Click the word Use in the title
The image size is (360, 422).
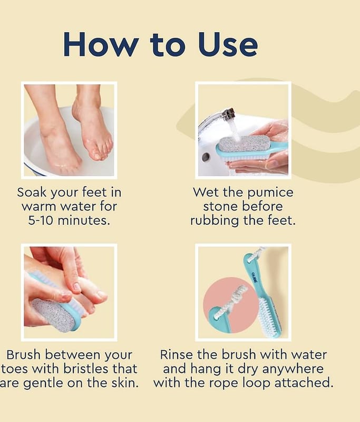coord(228,44)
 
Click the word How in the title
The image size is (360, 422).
coord(101,44)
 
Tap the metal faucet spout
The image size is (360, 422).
coord(218,118)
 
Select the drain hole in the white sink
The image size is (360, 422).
coord(206,157)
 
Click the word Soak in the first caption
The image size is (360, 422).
coord(33,192)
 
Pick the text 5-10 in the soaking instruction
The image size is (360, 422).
coord(41,220)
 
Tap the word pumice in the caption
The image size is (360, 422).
coord(270,193)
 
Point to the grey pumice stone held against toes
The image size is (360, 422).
coord(52,314)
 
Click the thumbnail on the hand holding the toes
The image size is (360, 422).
coord(76,287)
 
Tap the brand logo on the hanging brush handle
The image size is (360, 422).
coord(254,277)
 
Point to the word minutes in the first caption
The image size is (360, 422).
coord(84,220)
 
